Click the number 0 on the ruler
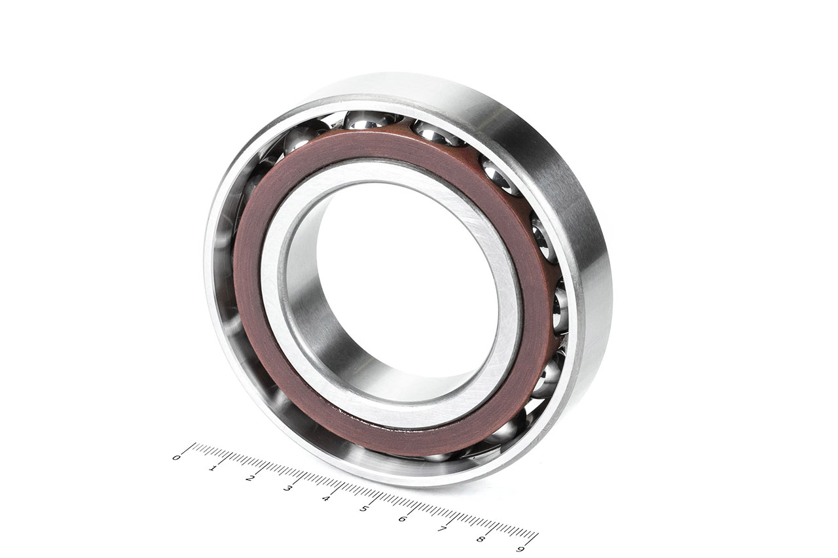pyautogui.click(x=176, y=457)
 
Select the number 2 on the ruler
pyautogui.click(x=249, y=478)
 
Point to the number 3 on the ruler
pyautogui.click(x=287, y=488)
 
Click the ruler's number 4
pyautogui.click(x=325, y=498)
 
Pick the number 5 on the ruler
pyautogui.click(x=363, y=508)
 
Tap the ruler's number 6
pyautogui.click(x=403, y=519)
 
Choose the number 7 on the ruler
pyautogui.click(x=441, y=529)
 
